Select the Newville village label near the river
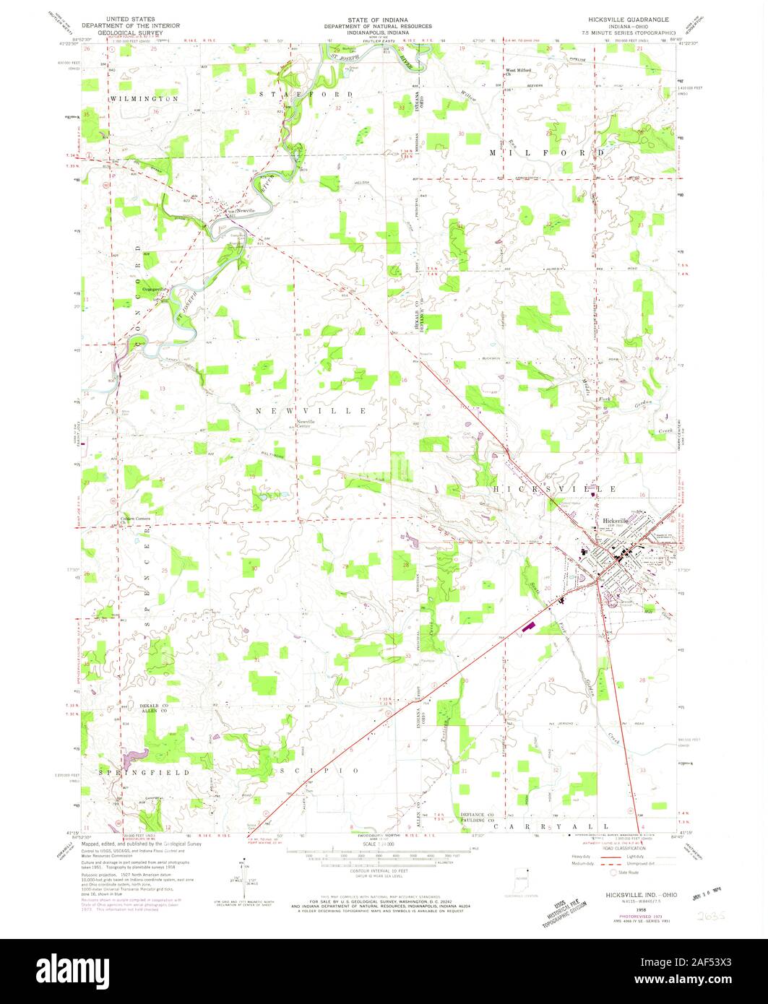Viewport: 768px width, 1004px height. point(236,212)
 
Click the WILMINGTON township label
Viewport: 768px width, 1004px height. point(144,98)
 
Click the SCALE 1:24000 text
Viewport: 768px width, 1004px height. point(384,844)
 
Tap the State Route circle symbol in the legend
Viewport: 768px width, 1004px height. point(616,873)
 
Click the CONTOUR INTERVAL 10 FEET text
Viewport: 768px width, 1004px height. point(384,869)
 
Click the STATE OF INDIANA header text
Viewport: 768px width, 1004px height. point(383,19)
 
